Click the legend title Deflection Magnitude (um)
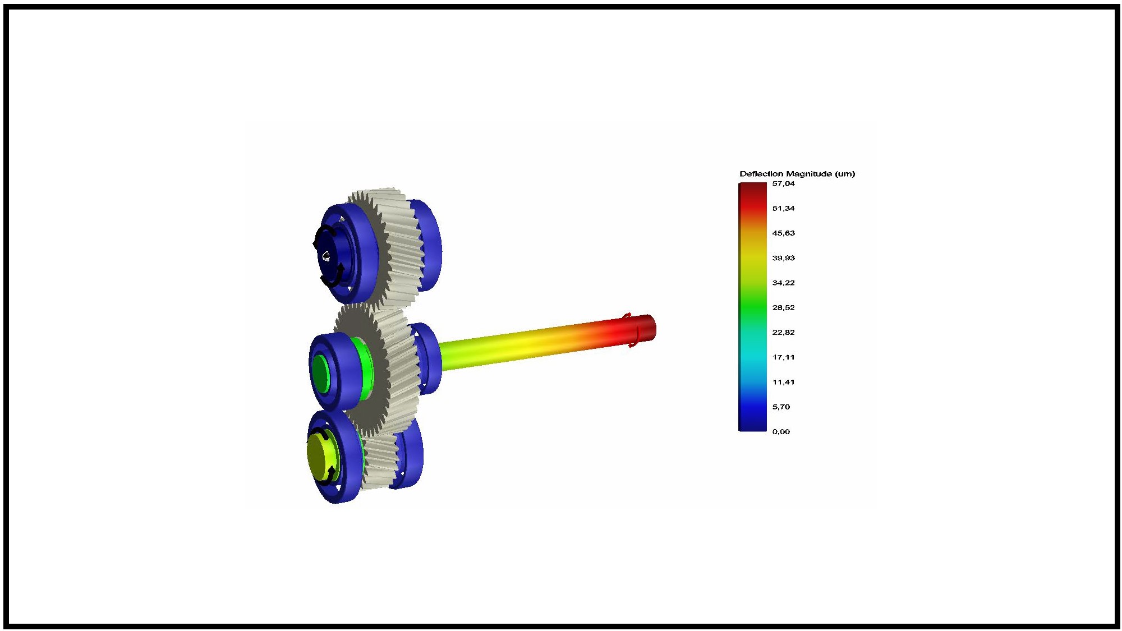(797, 174)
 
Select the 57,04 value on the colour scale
(783, 183)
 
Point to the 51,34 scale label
(783, 208)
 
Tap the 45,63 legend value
(783, 233)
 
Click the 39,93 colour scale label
(783, 258)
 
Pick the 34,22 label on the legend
(783, 283)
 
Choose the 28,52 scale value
(783, 307)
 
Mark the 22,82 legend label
(783, 332)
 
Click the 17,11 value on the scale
(783, 357)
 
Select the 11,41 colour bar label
(783, 382)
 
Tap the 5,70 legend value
(781, 407)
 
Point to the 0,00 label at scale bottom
(781, 431)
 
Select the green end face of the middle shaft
(320, 372)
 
